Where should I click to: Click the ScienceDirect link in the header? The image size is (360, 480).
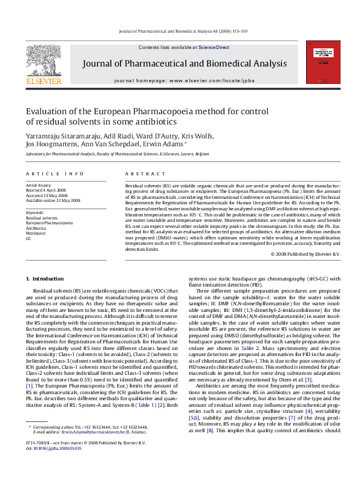(214, 47)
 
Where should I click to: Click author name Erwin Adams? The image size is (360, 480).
(168, 144)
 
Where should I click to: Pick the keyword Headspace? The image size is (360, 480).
(36, 233)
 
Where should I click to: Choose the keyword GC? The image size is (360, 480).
(28, 238)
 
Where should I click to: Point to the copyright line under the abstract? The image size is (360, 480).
(307, 255)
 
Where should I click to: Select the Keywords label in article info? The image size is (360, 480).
(35, 212)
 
